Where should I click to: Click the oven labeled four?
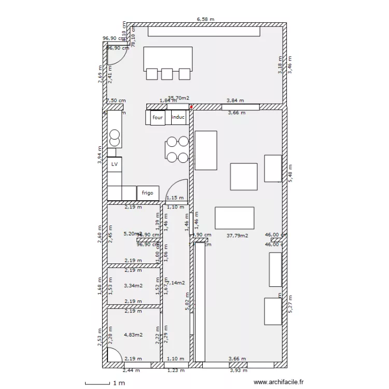158,118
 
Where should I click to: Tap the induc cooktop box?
178,118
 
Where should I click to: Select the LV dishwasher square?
115,164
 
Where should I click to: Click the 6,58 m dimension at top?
205,19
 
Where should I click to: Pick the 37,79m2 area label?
238,235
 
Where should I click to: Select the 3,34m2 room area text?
133,285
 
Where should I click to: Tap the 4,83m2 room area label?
133,335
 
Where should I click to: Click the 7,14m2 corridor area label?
176,283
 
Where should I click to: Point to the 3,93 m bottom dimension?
238,370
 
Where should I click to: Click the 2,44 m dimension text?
131,370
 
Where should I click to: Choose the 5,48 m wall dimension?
290,173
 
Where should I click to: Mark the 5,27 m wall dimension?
290,304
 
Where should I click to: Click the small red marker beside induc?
191,107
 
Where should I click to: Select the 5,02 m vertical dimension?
187,301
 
